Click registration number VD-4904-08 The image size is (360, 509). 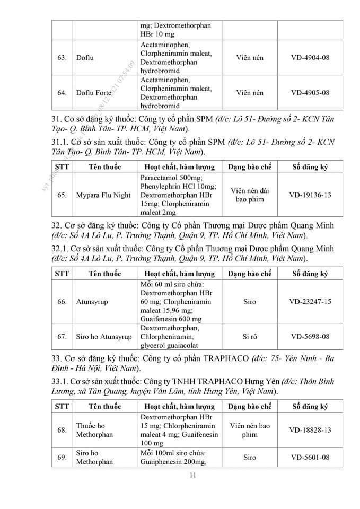[310, 57]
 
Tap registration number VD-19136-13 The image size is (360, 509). [310, 195]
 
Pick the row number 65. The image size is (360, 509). [62, 195]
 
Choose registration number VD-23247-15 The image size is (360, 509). [310, 302]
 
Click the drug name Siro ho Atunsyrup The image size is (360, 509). [103, 337]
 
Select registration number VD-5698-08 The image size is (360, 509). [310, 337]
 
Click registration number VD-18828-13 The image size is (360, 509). [310, 429]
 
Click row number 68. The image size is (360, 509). [62, 429]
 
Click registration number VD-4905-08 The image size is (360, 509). [310, 93]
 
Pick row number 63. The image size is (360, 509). [62, 57]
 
